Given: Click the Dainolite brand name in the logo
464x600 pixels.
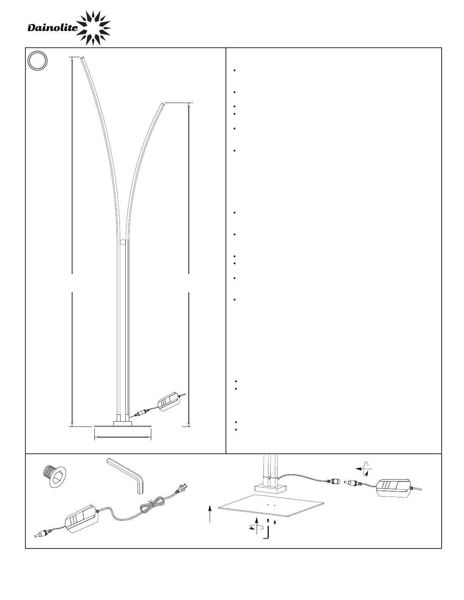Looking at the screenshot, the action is (53, 28).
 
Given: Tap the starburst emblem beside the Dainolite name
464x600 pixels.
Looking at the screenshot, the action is (93, 28).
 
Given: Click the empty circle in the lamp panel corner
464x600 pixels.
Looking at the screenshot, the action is (38, 61).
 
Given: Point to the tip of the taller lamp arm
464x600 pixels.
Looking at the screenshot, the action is (82, 58).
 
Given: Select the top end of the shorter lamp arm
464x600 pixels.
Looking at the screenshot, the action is (163, 104).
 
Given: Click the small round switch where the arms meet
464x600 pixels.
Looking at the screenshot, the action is (123, 242).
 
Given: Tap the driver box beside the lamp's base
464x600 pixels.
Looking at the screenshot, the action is (168, 402).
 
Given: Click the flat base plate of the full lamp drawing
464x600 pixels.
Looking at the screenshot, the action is (123, 426).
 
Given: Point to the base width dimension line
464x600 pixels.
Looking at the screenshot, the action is (123, 437).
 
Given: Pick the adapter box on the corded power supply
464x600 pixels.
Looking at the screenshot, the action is (82, 519).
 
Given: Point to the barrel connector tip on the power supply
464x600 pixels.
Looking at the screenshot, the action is (37, 536).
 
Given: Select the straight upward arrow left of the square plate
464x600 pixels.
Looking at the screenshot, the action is (210, 513).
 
